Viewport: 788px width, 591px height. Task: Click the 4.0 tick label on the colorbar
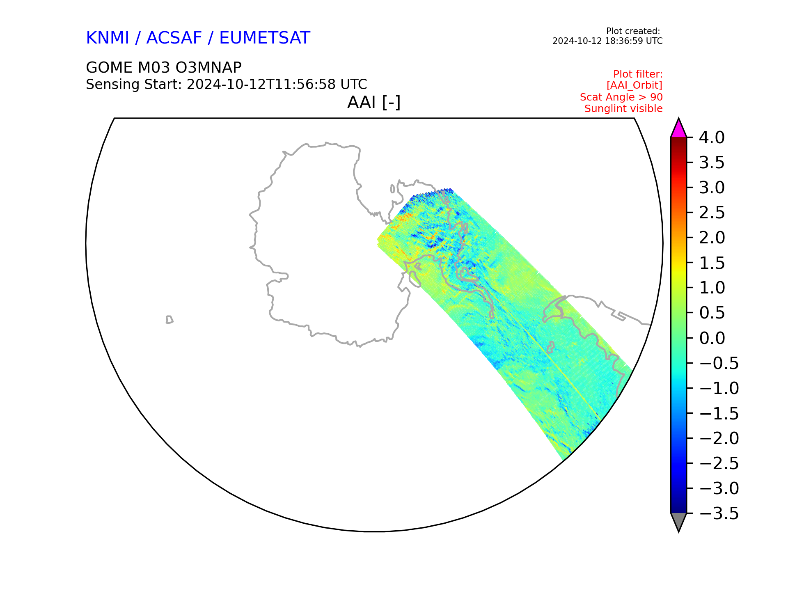click(x=712, y=137)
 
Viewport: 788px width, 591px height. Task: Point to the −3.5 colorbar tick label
click(x=719, y=513)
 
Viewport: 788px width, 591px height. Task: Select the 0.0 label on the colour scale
click(x=712, y=338)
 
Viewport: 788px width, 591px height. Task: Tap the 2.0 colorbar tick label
click(x=712, y=238)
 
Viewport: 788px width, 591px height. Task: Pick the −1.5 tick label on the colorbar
click(x=719, y=413)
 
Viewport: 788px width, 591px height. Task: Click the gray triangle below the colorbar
click(x=678, y=522)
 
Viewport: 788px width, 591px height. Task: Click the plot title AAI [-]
click(x=374, y=102)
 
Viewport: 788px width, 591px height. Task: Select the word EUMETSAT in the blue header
click(x=265, y=38)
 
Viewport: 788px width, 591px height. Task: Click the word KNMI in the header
click(x=108, y=38)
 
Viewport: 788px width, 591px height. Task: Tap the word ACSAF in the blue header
click(x=174, y=38)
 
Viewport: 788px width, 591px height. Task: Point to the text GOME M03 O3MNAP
click(x=164, y=67)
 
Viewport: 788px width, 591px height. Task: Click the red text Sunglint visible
click(x=623, y=109)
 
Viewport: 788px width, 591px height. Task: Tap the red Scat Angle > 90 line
click(x=621, y=97)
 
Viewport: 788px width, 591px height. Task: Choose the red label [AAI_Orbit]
click(x=635, y=85)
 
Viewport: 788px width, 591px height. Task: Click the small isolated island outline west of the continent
click(x=169, y=320)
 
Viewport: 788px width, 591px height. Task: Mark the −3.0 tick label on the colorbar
click(x=719, y=488)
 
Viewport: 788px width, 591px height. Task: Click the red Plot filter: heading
click(x=638, y=74)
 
